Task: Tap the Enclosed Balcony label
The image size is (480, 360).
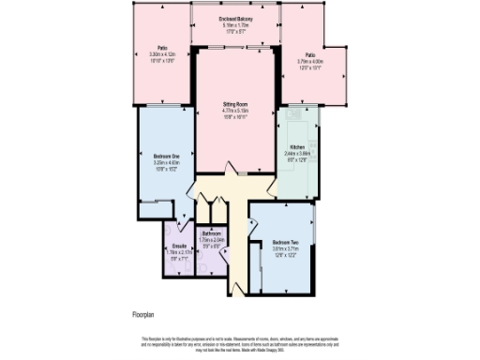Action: pyautogui.click(x=234, y=18)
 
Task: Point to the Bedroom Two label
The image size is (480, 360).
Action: pyautogui.click(x=285, y=242)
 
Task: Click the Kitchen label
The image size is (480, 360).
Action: pyautogui.click(x=296, y=148)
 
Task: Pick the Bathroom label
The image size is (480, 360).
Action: pyautogui.click(x=212, y=232)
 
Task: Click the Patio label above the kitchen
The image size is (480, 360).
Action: pyautogui.click(x=309, y=54)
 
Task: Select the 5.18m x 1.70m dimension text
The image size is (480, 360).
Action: pyautogui.click(x=234, y=24)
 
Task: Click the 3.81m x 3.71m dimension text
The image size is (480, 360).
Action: pyautogui.click(x=285, y=248)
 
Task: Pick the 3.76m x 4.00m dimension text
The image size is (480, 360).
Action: pyautogui.click(x=309, y=61)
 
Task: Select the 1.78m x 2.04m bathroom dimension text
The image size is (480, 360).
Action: pyautogui.click(x=212, y=240)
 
